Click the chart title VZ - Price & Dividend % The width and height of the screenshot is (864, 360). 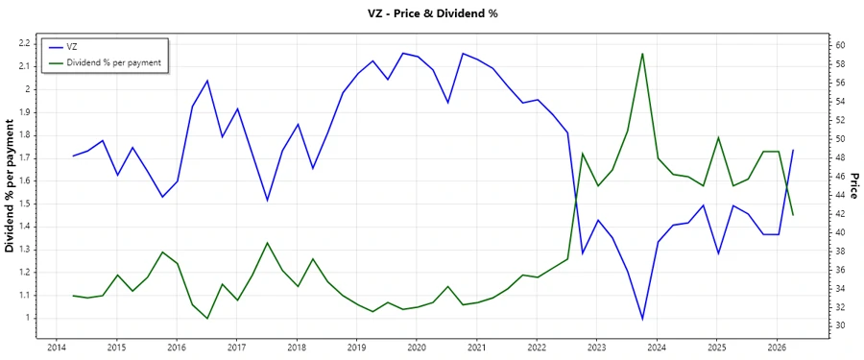(x=431, y=13)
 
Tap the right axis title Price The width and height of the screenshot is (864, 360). (x=854, y=192)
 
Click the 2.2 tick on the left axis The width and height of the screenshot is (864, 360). (x=27, y=44)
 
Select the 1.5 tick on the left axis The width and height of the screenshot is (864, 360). (x=27, y=204)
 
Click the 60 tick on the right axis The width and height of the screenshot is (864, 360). (x=838, y=45)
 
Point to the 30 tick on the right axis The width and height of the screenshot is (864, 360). (x=838, y=325)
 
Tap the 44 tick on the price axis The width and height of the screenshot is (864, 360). (x=838, y=195)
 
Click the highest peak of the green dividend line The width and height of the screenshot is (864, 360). (x=642, y=54)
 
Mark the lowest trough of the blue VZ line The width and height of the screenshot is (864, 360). (x=642, y=319)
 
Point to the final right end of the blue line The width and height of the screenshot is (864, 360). (x=793, y=150)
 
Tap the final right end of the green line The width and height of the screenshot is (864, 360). (x=793, y=214)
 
